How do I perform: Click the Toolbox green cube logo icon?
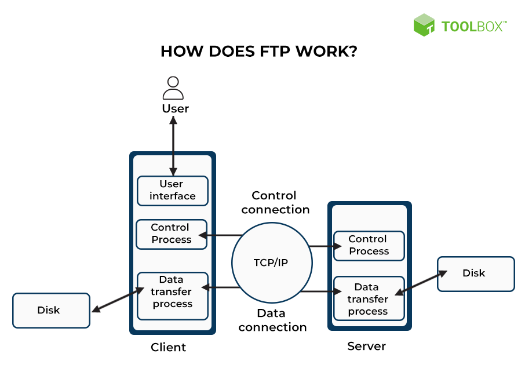pyautogui.click(x=424, y=25)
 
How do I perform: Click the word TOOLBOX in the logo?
pyautogui.click(x=473, y=26)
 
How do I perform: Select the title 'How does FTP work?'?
pyautogui.click(x=258, y=52)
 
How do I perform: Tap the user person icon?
pyautogui.click(x=173, y=88)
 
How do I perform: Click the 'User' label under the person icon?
pyautogui.click(x=175, y=109)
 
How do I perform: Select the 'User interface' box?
pyautogui.click(x=172, y=191)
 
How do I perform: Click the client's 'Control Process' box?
pyautogui.click(x=171, y=234)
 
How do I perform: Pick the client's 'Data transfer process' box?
pyautogui.click(x=172, y=296)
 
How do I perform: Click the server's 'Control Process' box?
pyautogui.click(x=369, y=245)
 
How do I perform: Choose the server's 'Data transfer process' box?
pyautogui.click(x=369, y=299)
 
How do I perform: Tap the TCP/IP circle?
pyautogui.click(x=271, y=262)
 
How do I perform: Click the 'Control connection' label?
pyautogui.click(x=275, y=202)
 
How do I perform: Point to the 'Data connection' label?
pyautogui.click(x=272, y=320)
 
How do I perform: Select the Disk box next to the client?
pyautogui.click(x=51, y=311)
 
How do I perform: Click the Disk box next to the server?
pyautogui.click(x=475, y=273)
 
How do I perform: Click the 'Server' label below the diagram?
pyautogui.click(x=366, y=347)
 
